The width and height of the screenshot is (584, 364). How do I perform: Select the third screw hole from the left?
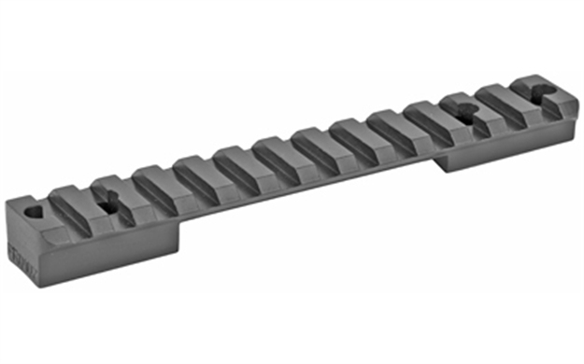(x=465, y=116)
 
